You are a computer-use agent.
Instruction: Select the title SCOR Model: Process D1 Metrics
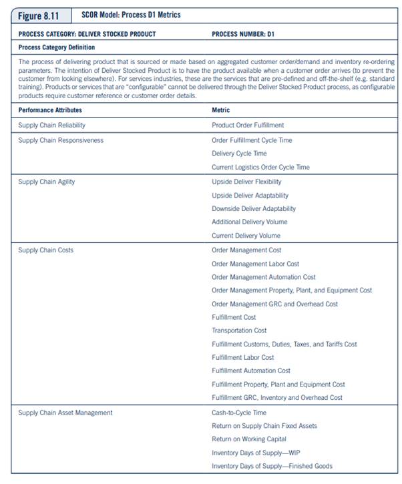pos(131,15)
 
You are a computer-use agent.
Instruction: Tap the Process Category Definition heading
pos(57,47)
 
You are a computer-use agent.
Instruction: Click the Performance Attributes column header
pos(50,110)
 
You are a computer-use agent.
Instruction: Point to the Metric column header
pos(221,110)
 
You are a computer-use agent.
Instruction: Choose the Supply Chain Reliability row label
pos(51,125)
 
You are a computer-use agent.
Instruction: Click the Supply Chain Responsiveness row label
pos(61,140)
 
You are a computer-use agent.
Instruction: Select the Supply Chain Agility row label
pos(46,182)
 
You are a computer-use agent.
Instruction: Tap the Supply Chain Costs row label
pos(45,250)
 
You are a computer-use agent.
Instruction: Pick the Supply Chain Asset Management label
pos(65,413)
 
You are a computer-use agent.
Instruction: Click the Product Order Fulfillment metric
pos(248,125)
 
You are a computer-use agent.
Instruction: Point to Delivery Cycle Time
pos(239,154)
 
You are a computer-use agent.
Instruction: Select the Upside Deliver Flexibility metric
pos(246,182)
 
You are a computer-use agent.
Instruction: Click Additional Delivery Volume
pos(249,222)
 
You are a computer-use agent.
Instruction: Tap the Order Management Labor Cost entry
pos(255,264)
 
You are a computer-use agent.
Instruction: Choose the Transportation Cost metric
pos(239,330)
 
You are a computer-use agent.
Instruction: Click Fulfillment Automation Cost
pos(251,371)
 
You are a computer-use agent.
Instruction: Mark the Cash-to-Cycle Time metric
pos(238,413)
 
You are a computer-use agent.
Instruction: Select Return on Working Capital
pos(249,439)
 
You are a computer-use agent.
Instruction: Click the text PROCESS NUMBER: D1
pos(243,33)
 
